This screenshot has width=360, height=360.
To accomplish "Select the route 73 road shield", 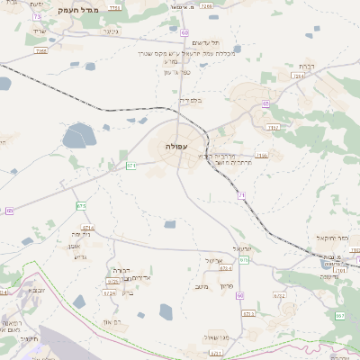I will click(x=37, y=17).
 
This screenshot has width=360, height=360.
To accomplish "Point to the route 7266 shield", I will click(x=41, y=52).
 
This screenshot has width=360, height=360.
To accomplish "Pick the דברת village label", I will click(x=306, y=66).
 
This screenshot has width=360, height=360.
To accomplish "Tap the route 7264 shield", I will click(x=298, y=76).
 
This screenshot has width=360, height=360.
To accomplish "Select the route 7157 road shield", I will click(x=274, y=128).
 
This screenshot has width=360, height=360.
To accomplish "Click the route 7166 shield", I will click(x=262, y=156).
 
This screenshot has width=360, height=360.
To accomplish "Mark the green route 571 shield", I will click(x=131, y=166).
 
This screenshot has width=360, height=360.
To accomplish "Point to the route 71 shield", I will click(x=241, y=194).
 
